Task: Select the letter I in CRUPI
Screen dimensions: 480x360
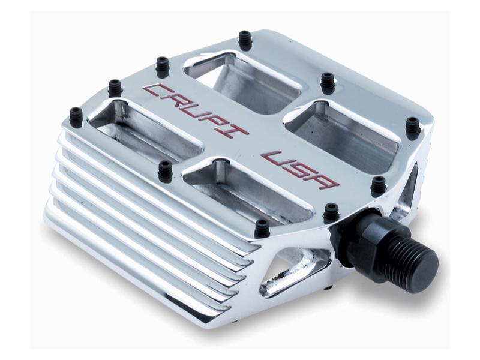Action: click(x=234, y=131)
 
